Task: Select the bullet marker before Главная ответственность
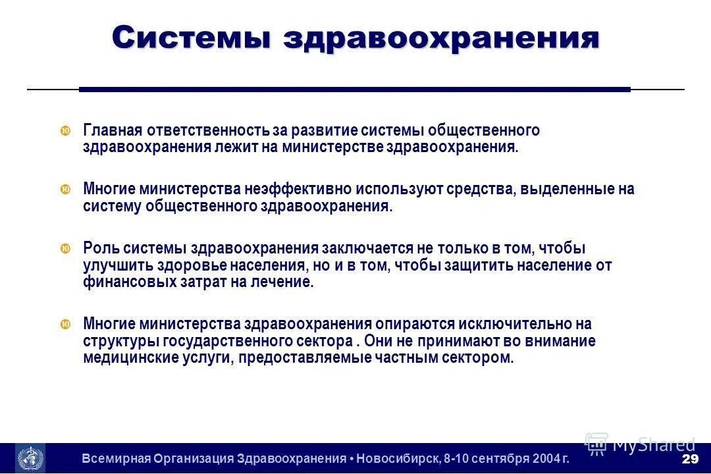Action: [x=65, y=131]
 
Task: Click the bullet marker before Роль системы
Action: [x=65, y=249]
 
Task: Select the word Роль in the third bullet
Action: [x=99, y=248]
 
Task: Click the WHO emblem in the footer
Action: [x=30, y=458]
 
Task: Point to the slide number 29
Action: [x=690, y=458]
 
